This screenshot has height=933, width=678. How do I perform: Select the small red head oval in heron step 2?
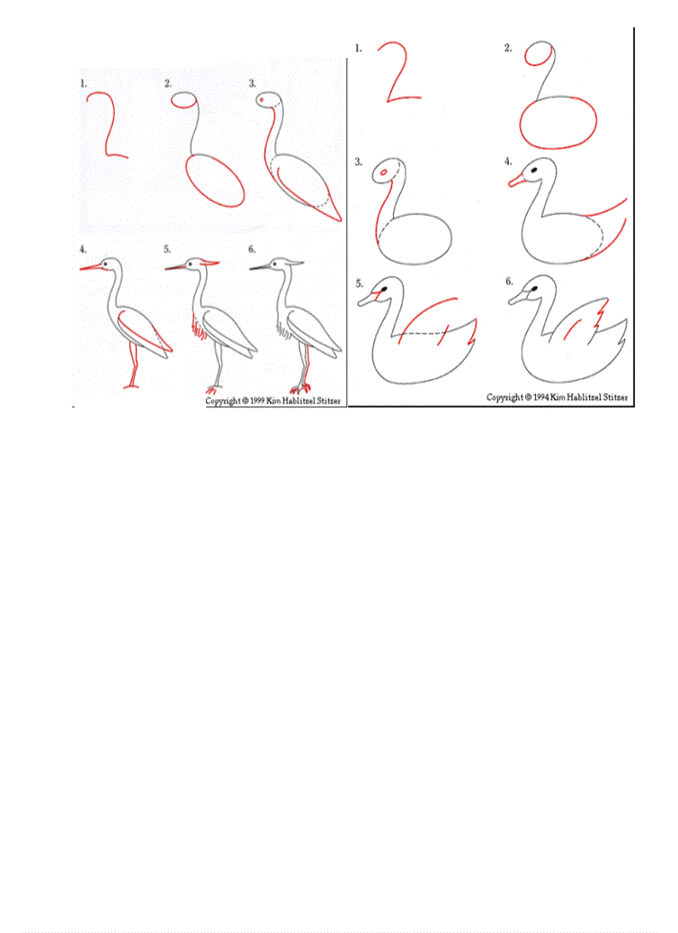point(183,101)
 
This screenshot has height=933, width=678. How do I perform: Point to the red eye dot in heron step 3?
point(263,100)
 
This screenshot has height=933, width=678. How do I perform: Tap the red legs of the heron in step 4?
point(132,366)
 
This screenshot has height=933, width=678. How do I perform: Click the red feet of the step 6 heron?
point(301,388)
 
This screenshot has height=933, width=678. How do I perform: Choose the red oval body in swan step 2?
point(559,123)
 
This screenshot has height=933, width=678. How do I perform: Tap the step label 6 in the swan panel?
point(508,282)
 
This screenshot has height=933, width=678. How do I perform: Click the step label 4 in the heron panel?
point(83,248)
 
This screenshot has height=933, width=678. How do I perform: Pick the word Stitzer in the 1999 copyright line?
point(326,400)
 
